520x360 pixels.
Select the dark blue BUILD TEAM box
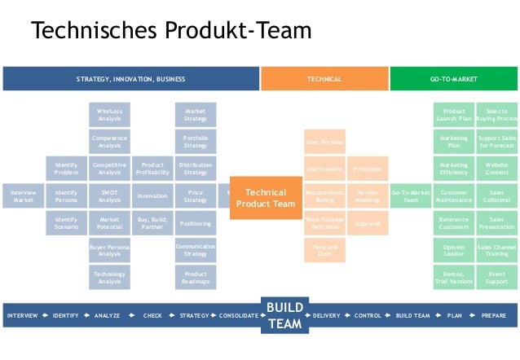[x=284, y=315]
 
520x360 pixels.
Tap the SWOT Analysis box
[x=109, y=196]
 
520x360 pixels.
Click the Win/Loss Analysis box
[x=109, y=115]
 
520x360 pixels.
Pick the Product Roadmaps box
[x=196, y=278]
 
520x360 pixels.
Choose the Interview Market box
[x=24, y=196]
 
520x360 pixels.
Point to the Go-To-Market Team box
[x=411, y=196]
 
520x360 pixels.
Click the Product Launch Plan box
[x=454, y=115]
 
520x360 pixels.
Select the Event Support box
[x=496, y=278]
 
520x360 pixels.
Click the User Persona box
[x=324, y=142]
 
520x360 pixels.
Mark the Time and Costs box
[x=324, y=250]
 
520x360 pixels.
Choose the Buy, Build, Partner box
[x=152, y=223]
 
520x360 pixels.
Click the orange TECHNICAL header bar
[x=324, y=79]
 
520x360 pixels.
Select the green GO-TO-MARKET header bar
[x=453, y=79]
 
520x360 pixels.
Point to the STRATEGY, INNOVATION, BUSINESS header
[x=130, y=79]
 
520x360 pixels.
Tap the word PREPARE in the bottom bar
[x=493, y=315]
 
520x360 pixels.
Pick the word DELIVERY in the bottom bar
[x=326, y=315]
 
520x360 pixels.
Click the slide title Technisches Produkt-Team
[x=171, y=31]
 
